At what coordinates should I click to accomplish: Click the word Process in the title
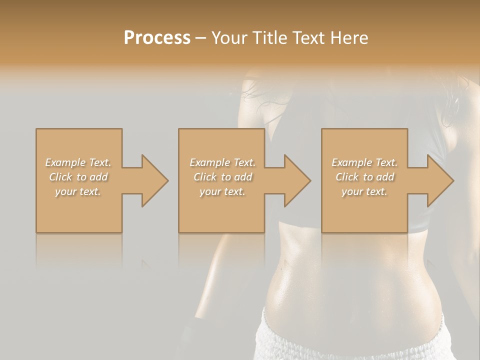[157, 38]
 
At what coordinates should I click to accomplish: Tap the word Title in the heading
[270, 38]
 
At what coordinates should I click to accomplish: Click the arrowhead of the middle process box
[297, 180]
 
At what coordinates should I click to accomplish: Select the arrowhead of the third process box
[440, 180]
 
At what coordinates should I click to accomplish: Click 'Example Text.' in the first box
[78, 162]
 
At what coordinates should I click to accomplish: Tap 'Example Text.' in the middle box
[222, 162]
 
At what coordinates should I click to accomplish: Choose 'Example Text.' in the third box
[364, 162]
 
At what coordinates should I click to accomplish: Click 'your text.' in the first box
[78, 191]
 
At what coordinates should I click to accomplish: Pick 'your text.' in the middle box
[222, 191]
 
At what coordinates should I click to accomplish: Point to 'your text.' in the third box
[364, 191]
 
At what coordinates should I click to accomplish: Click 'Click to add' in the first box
[78, 177]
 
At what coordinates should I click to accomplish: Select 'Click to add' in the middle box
[222, 177]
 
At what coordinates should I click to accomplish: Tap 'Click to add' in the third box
[364, 177]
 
